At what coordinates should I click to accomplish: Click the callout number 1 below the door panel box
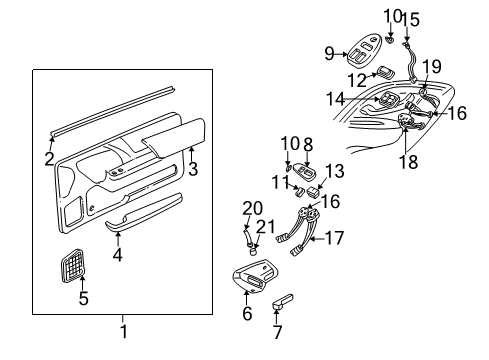123,331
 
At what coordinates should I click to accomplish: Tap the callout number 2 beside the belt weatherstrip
49,156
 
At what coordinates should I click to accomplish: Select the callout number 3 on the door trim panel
194,169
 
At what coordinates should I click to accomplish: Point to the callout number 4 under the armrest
118,255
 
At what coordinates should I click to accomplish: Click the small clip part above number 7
284,299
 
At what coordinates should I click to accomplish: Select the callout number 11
280,183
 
